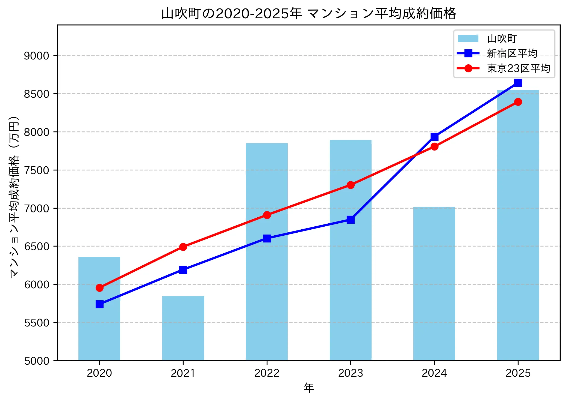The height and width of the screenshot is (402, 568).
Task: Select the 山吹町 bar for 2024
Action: [434, 284]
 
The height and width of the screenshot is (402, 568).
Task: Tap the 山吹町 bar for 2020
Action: [99, 327]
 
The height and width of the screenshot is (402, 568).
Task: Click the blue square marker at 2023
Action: [351, 220]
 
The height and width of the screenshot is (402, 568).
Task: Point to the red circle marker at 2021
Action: [183, 247]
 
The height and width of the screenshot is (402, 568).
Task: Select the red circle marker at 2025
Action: [518, 102]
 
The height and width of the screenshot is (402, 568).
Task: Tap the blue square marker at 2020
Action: [99, 304]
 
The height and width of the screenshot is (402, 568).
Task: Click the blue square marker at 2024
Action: [434, 136]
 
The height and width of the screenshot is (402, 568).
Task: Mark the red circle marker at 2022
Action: [267, 215]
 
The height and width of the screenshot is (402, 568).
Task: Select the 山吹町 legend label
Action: [502, 39]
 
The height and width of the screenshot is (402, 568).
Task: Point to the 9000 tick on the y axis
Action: [37, 56]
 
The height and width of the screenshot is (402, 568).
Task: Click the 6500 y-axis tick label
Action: [37, 246]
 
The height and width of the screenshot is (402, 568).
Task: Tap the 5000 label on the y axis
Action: [37, 361]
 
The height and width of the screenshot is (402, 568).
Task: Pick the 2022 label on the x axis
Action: [267, 373]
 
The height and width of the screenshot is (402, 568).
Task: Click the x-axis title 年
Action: [309, 388]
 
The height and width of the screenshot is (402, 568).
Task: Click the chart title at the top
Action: [309, 13]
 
